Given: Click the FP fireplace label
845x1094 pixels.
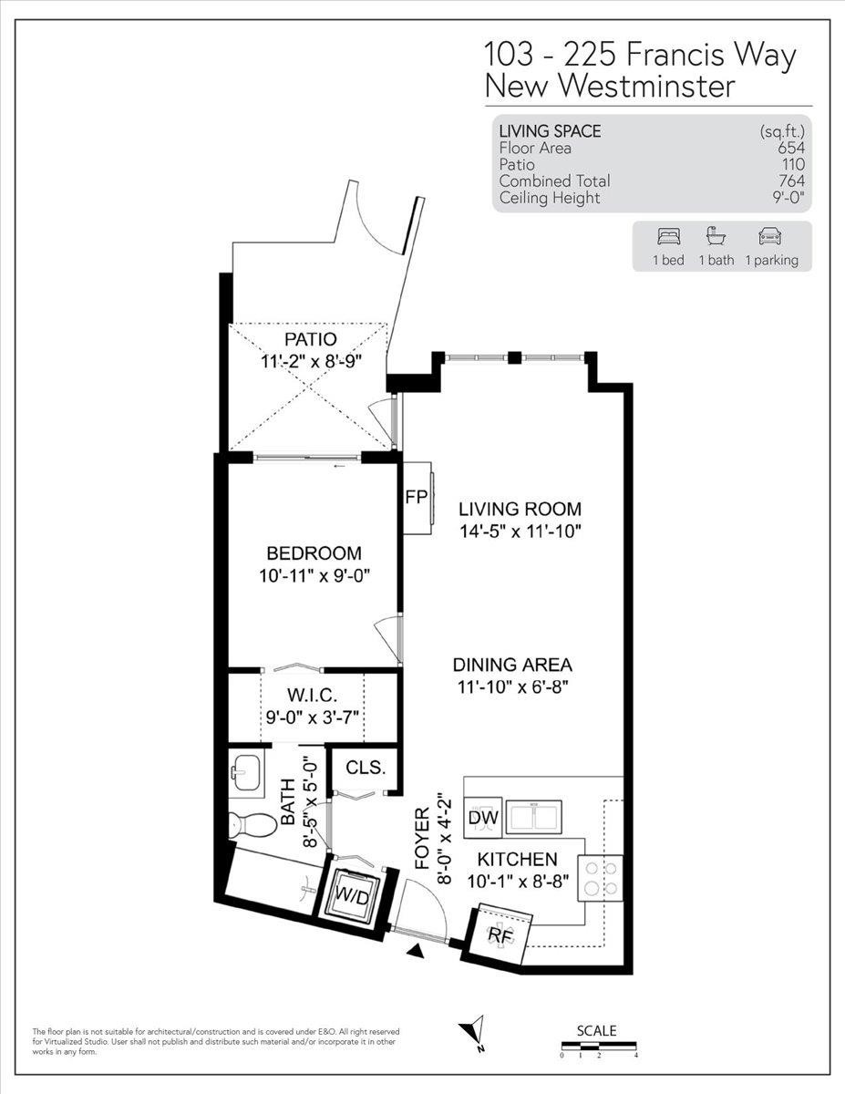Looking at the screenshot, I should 415,497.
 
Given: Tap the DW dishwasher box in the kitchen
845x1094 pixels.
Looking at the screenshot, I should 482,818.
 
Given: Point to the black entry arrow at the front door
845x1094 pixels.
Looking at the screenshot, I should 417,953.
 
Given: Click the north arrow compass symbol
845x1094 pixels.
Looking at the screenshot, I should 475,1034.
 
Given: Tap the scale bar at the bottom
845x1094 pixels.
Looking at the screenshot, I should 598,1046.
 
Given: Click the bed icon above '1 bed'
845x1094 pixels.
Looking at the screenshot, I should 667,236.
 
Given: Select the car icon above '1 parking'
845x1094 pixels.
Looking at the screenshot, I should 771,236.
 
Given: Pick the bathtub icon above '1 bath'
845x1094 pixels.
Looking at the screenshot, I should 716,236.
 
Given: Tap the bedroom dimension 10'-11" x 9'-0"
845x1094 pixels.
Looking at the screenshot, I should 314,575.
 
